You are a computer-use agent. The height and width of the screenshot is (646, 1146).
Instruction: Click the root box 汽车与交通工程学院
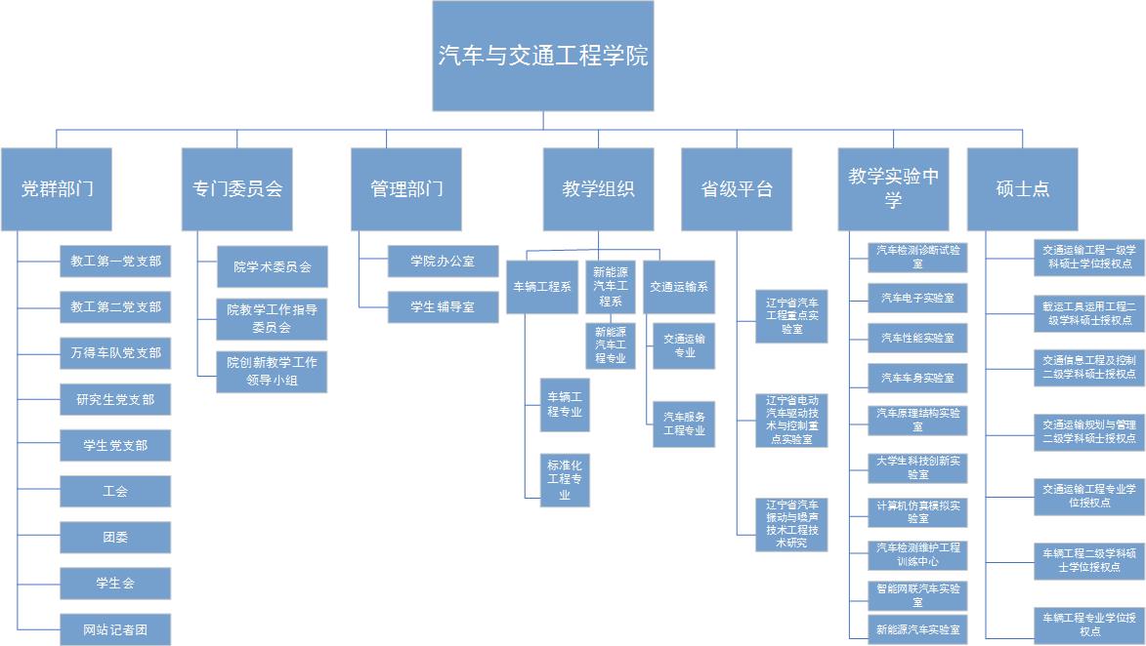tap(543, 56)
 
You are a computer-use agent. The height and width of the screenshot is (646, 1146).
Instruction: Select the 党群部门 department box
tap(57, 189)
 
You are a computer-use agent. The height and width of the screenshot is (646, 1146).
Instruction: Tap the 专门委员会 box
tap(237, 189)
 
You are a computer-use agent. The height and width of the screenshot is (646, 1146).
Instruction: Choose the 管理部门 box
tap(406, 189)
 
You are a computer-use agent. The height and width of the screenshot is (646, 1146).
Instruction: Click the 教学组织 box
tap(598, 189)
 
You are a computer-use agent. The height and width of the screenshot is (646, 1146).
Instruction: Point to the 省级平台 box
tap(737, 189)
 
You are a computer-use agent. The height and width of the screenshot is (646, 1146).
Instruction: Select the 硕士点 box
tap(1022, 189)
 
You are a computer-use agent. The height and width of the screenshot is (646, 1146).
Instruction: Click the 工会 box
tap(115, 491)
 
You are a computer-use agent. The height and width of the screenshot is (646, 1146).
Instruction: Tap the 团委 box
tap(115, 537)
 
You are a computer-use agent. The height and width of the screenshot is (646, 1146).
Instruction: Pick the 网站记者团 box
tap(115, 629)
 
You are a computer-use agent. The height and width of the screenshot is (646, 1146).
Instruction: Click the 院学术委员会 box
tap(272, 266)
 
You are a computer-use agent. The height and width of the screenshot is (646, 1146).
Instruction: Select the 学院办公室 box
tap(443, 261)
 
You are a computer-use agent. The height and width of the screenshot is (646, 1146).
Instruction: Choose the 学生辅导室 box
tap(443, 306)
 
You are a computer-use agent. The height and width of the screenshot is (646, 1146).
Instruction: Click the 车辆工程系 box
tap(542, 287)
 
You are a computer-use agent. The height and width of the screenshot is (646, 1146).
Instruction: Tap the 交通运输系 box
tap(679, 287)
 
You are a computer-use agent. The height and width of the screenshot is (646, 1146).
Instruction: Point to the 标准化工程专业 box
tap(565, 480)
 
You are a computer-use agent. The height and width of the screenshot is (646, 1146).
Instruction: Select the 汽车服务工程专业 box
tap(684, 423)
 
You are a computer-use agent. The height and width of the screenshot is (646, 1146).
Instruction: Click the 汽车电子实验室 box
tap(917, 298)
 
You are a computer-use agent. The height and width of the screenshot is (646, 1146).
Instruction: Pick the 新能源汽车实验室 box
tap(917, 629)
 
